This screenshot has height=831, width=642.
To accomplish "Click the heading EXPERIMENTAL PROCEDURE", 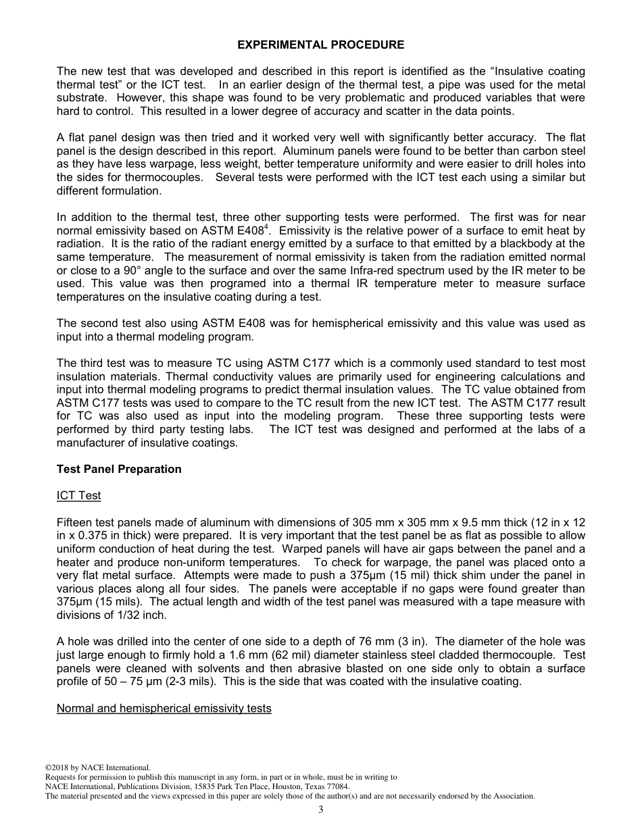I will coord(320,45).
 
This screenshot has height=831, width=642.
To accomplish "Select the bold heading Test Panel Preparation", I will coord(119,469).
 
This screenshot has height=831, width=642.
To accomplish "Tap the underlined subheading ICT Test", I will coord(78,495).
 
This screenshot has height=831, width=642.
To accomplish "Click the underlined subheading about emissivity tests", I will coord(164,708).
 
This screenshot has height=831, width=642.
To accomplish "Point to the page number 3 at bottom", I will coord(320,810).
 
